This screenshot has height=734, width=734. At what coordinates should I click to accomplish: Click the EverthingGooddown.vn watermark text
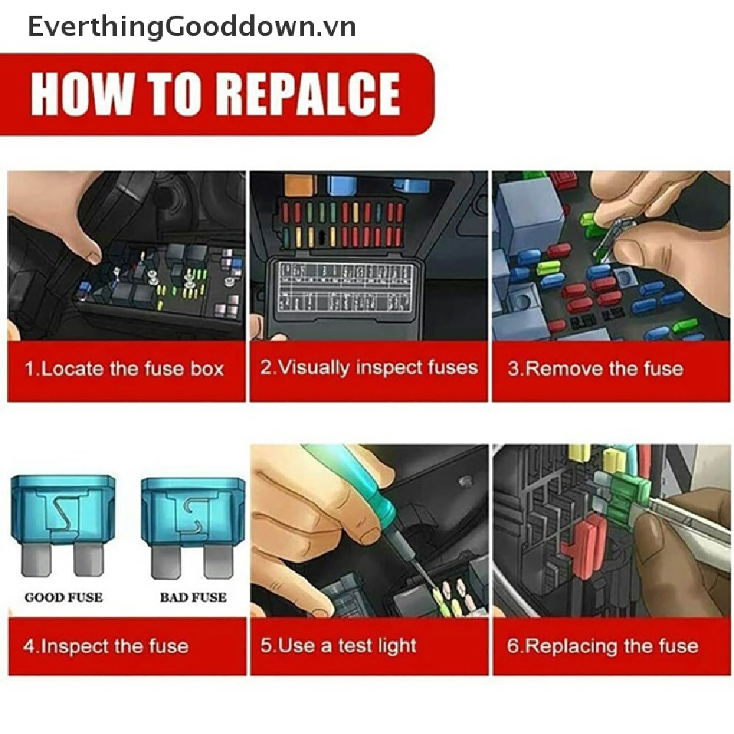(x=192, y=27)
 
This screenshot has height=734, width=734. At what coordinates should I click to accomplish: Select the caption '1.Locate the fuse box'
(x=125, y=369)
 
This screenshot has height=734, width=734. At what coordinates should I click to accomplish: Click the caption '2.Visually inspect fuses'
(x=369, y=368)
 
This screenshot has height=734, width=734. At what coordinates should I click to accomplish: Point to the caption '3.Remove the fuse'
(x=596, y=369)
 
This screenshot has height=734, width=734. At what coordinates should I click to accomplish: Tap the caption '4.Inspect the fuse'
(x=106, y=647)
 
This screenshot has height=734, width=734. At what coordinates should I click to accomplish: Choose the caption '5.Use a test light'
(x=338, y=646)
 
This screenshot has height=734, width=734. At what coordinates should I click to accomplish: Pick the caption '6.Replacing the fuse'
(x=602, y=647)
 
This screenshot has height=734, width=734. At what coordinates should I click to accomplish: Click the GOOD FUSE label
(x=64, y=597)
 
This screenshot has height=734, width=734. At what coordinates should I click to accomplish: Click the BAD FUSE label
(x=194, y=597)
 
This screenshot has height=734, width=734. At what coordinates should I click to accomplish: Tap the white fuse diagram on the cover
(x=345, y=288)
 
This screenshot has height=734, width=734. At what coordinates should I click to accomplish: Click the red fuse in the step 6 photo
(x=582, y=545)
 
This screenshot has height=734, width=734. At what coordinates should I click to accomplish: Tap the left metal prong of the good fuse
(x=36, y=559)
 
